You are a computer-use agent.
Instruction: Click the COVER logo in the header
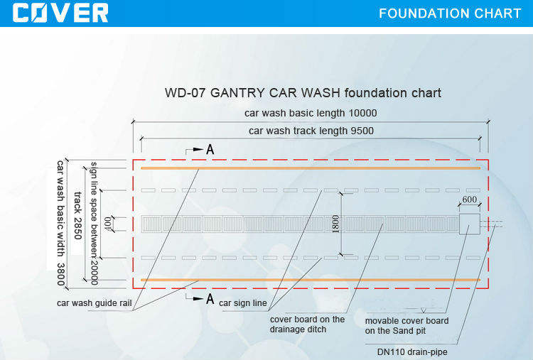coord(61,12)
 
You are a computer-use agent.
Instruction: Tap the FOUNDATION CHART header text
coord(450,13)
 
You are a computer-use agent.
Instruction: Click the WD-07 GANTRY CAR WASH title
coord(303,93)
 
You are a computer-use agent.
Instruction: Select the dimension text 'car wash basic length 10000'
coord(311,113)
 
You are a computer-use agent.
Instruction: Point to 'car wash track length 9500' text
coord(311,131)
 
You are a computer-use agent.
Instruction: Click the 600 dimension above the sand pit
coord(470,200)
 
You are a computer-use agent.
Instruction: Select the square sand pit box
coord(470,224)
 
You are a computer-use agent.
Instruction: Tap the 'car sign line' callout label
coord(242,303)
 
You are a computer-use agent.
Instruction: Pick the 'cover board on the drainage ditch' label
coord(307,324)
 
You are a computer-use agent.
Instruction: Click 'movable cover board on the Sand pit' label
coord(407,326)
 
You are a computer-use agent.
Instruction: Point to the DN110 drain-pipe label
coord(413,351)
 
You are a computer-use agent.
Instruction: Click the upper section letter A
coord(210,150)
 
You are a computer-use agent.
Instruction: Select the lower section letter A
coord(210,299)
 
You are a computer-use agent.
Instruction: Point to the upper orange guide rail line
coord(310,168)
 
